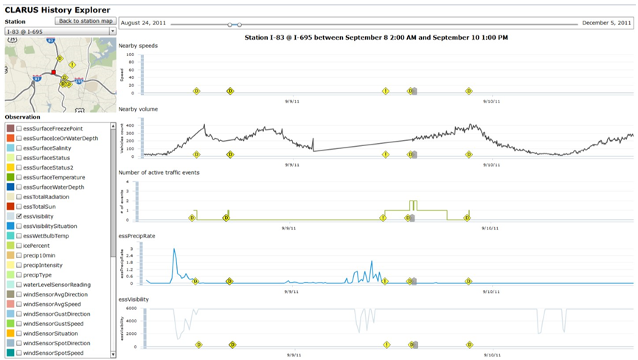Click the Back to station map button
coord(85,21)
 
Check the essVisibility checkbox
coord(19,216)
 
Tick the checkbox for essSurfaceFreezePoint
coord(19,128)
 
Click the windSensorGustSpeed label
coord(53,323)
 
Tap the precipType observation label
coord(43,274)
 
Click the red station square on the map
coord(53,72)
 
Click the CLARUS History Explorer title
coord(58,10)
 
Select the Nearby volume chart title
coord(139,109)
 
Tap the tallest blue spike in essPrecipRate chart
coord(174,250)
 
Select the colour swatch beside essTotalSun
coord(10,207)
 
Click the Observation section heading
coord(22,117)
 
